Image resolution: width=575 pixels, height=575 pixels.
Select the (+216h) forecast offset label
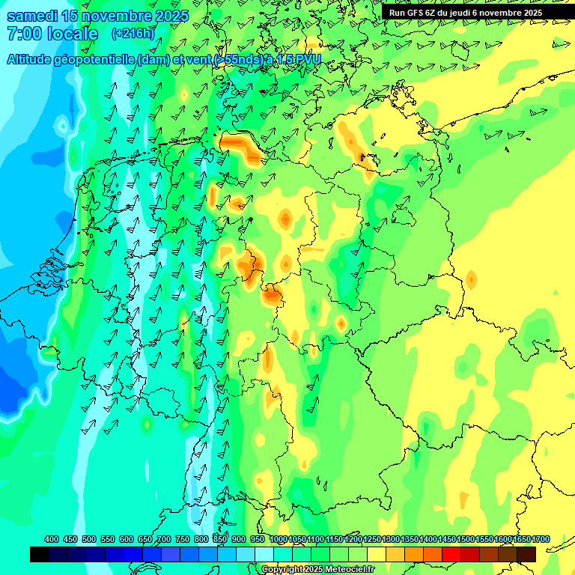coord(133,34)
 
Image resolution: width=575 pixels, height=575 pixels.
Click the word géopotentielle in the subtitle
coord(95,59)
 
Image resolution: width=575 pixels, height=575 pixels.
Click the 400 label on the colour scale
coord(52,539)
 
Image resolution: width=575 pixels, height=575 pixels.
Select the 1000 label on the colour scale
coord(278,539)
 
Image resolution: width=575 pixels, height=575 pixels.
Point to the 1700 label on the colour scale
coord(541,539)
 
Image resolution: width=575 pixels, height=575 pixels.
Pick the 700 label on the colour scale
coord(164,539)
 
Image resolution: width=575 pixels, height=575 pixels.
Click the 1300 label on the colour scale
coord(390,539)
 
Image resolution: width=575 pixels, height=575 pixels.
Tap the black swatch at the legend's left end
coord(40,554)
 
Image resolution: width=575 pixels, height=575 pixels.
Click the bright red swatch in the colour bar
coord(451,554)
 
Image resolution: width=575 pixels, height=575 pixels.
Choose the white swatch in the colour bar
coord(264,554)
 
